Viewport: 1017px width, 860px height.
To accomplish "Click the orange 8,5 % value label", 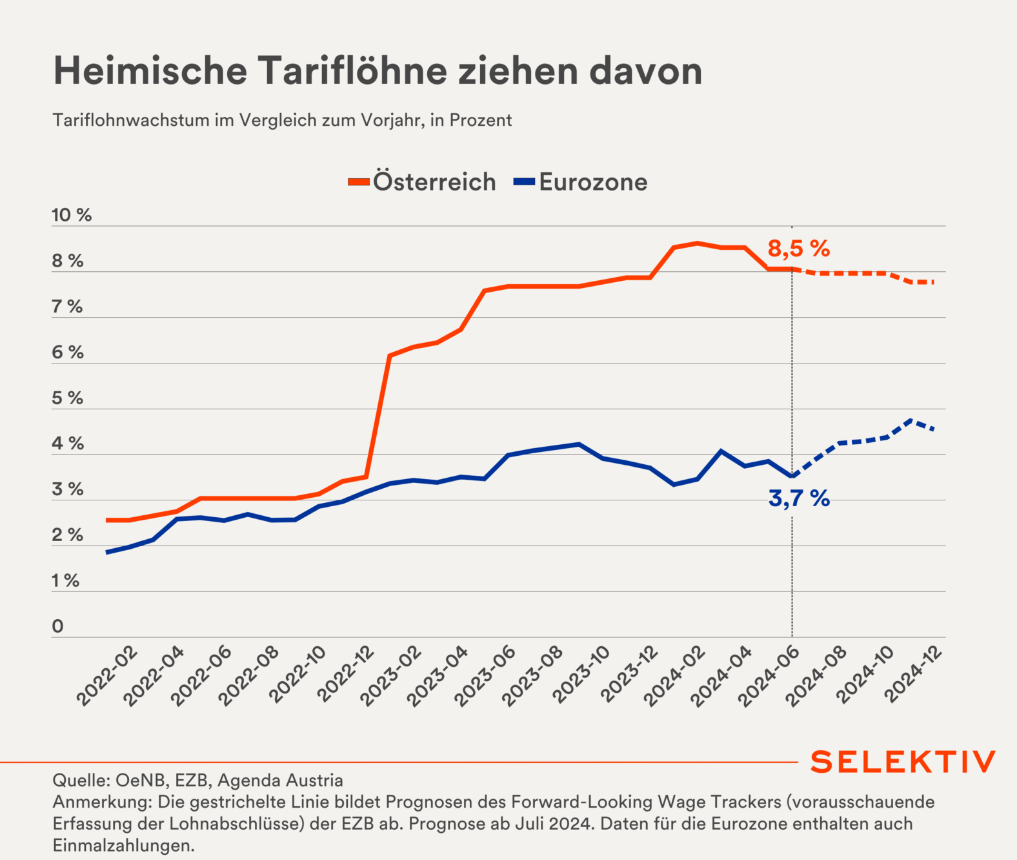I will (798, 249).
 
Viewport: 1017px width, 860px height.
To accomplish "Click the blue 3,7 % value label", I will (799, 498).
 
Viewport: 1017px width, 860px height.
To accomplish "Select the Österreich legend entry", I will (434, 182).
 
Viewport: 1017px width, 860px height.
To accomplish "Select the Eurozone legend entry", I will (592, 182).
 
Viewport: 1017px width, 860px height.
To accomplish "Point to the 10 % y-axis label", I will (72, 215).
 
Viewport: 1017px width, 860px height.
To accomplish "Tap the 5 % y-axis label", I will (68, 398).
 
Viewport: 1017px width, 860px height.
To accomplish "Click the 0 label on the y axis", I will (58, 626).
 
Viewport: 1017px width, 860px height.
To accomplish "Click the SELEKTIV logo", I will (903, 763).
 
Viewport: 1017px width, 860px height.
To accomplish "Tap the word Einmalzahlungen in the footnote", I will (123, 845).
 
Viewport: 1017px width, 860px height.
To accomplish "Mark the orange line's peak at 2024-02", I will (698, 243).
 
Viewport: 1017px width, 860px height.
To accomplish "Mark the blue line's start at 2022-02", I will (107, 552).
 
